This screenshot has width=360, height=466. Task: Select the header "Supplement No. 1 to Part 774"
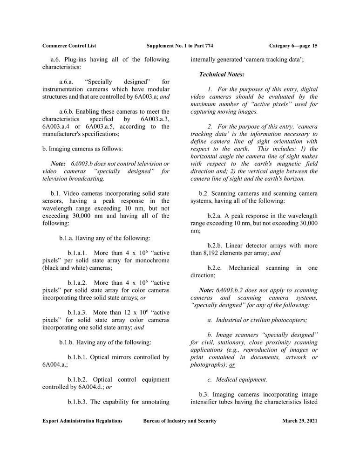click(180, 46)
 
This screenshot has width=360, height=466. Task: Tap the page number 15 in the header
click(315, 46)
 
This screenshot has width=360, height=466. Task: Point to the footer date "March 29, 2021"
click(300, 421)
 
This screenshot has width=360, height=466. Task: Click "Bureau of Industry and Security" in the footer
click(180, 421)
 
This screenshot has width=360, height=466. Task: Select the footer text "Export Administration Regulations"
click(82, 421)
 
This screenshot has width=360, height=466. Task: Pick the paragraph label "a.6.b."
click(68, 111)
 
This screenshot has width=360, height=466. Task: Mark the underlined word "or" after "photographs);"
click(232, 365)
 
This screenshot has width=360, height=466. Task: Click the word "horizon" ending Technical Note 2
click(292, 178)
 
